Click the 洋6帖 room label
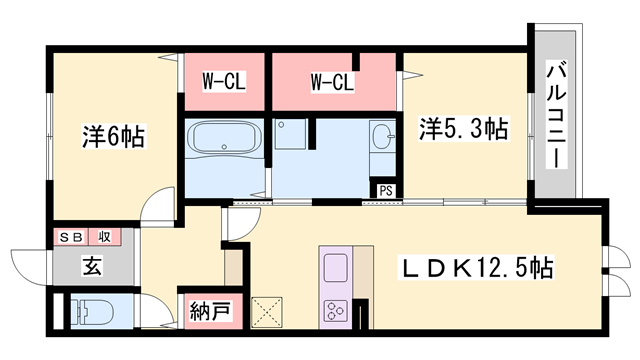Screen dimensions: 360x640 (x=112, y=138)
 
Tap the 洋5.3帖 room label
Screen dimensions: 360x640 (x=463, y=129)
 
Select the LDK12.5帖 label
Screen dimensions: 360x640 (x=478, y=268)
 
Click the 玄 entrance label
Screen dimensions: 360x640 (x=90, y=267)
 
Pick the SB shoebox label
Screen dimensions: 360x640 (x=70, y=237)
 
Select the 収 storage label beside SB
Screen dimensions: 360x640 (x=103, y=237)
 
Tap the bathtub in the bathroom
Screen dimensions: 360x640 (x=222, y=140)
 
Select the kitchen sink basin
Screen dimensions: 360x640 (x=334, y=267)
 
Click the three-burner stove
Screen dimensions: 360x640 (x=334, y=311)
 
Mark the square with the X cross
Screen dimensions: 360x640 (x=268, y=312)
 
